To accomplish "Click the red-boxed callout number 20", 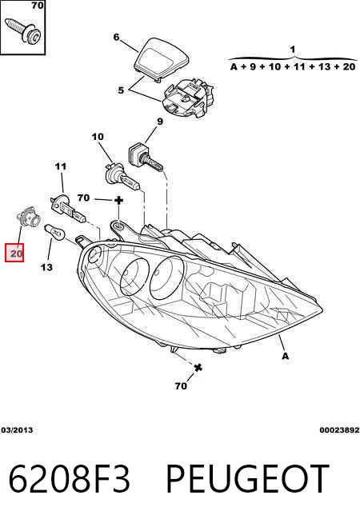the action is pos(14,254).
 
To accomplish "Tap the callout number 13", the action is pos(46,267).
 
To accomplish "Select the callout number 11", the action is pos(61,166).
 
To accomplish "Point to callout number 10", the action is pos(98,137).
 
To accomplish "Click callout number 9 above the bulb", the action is pos(160,122).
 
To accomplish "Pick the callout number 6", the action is pos(116,37).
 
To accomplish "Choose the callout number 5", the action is pos(121,90).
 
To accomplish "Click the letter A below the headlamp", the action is pos(286,356).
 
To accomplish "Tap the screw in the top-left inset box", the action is pos(23,30).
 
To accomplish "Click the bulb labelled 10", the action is pos(121,178).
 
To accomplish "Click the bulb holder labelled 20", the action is pos(28,218).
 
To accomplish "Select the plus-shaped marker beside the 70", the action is pos(118,201).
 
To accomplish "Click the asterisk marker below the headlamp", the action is pos(198,368).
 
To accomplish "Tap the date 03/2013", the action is pos(17,430).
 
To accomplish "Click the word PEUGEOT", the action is pos(247,479).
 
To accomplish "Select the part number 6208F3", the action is pos(69,479).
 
